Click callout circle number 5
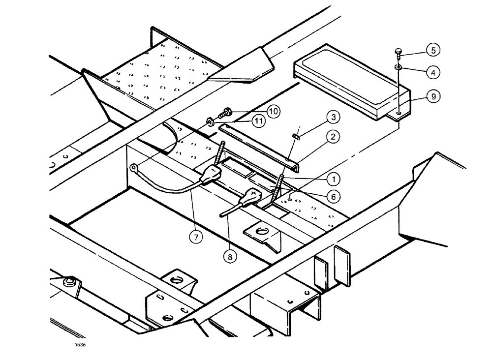[x=433, y=50]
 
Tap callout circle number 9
[x=433, y=97]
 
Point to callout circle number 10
[x=274, y=111]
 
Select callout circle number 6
[x=334, y=196]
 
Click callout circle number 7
[x=196, y=237]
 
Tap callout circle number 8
[x=229, y=256]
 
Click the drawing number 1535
[x=80, y=345]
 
